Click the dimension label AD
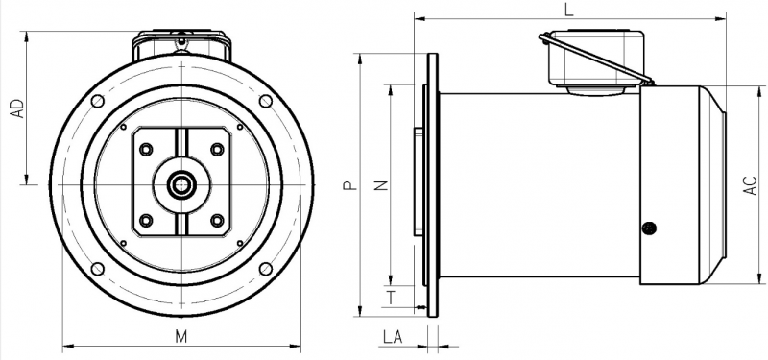17,108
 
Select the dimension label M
181,337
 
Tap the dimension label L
568,10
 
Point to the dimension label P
348,185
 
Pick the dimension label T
391,298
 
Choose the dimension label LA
393,337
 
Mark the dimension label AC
751,185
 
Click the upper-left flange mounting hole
98,102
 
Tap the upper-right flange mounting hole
266,102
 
